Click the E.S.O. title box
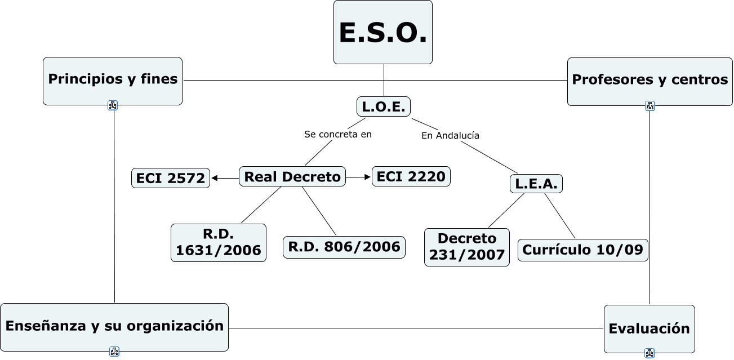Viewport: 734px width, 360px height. pos(383,32)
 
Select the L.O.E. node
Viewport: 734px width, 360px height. pos(384,106)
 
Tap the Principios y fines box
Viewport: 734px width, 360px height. pos(113,80)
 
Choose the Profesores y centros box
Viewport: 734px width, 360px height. pos(650,81)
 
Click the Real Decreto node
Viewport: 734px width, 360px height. pos(292,177)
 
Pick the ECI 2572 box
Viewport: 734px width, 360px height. pos(171,178)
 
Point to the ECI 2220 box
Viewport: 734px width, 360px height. pos(411,176)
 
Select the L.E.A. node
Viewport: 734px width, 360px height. pos(536,183)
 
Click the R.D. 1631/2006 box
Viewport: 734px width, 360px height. pos(219,243)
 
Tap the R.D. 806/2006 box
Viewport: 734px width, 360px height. pos(344,247)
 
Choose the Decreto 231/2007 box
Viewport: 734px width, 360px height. pos(466,247)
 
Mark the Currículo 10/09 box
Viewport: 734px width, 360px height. pos(582,250)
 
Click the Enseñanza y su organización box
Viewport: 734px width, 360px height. pos(114,326)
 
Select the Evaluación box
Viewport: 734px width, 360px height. pos(649,328)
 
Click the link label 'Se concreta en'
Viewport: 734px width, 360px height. pos(338,135)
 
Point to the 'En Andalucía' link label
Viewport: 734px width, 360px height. pos(450,136)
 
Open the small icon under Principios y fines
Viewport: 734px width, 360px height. pos(113,105)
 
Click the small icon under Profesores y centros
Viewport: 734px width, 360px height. pos(650,106)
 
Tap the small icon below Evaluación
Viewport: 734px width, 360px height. pos(649,354)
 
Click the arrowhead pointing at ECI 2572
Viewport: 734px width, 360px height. pos(215,179)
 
